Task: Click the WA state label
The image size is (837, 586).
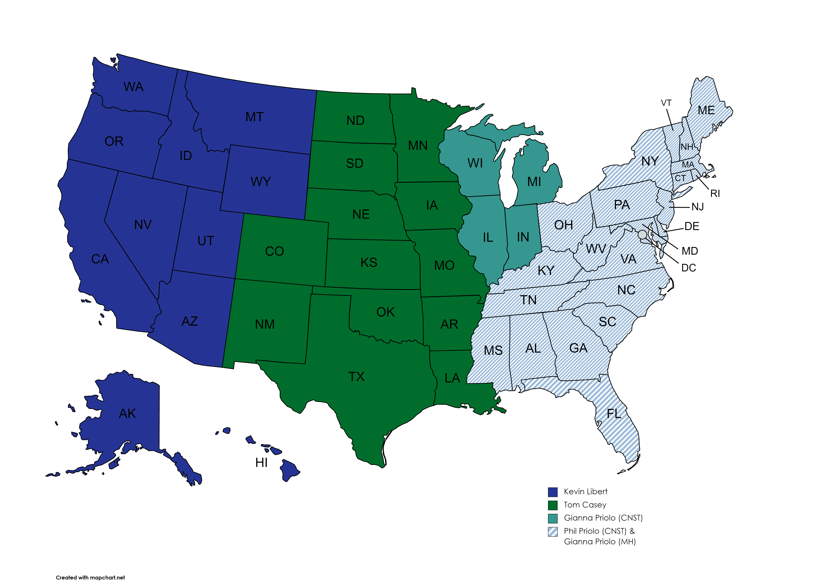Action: (x=133, y=87)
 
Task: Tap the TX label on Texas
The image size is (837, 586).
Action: (x=356, y=377)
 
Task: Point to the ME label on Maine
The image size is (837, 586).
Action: (x=706, y=110)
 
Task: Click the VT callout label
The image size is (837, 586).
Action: (x=666, y=103)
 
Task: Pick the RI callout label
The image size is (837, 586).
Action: (x=715, y=194)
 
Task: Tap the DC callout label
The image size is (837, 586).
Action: (x=689, y=268)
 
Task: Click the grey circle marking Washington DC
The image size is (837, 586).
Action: (x=642, y=234)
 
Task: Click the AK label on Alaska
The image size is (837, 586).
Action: (x=127, y=414)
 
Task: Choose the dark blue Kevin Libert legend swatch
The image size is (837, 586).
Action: (x=553, y=492)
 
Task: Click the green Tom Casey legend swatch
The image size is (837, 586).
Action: (x=553, y=505)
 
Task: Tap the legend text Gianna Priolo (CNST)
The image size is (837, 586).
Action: (x=603, y=518)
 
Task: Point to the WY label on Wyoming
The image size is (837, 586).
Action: (x=261, y=182)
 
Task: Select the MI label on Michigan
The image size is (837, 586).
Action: (x=534, y=182)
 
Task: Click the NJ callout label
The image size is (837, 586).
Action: (x=697, y=207)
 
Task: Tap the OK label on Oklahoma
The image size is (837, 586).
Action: (x=385, y=312)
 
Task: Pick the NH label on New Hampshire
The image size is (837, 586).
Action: (x=687, y=147)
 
